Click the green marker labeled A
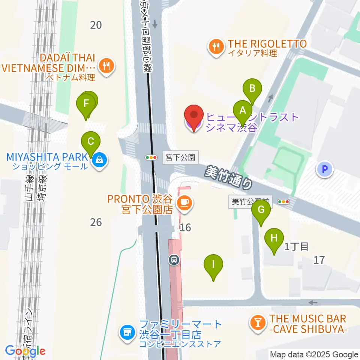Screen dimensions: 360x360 [243, 111]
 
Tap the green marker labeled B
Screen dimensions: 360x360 [252, 89]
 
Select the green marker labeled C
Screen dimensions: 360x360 [91, 142]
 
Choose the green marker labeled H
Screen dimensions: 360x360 [274, 238]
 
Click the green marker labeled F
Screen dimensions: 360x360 [86, 103]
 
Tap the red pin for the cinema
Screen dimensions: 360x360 [194, 115]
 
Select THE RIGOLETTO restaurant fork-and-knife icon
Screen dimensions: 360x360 [216, 47]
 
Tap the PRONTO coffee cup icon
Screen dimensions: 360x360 [184, 203]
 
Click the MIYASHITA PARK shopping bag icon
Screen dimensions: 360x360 [99, 160]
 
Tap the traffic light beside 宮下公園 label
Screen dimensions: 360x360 [151, 157]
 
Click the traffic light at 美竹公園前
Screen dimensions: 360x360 [283, 202]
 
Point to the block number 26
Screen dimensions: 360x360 [96, 222]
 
